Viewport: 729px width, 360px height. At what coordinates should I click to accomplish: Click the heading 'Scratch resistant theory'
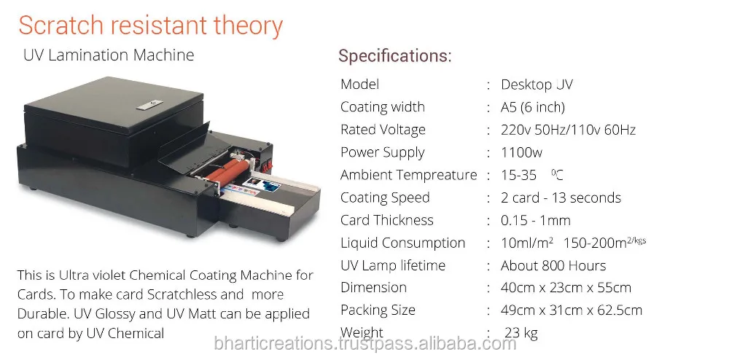coord(150,26)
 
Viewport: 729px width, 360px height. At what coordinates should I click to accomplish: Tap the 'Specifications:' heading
coord(394,55)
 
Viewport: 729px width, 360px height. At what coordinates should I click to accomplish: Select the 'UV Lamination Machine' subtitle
coord(109,55)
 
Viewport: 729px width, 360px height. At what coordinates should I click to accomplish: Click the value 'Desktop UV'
coord(537,85)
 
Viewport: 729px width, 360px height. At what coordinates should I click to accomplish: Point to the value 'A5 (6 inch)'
coord(533,107)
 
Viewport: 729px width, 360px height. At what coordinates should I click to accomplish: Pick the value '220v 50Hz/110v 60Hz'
coord(568,130)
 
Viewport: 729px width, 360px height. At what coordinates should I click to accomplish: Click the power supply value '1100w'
coord(521,152)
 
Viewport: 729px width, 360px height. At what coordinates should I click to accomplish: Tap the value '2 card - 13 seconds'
coord(561,197)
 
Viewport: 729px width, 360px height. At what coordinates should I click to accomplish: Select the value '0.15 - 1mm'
coord(536,220)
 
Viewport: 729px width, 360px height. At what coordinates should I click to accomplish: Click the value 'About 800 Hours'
coord(553,265)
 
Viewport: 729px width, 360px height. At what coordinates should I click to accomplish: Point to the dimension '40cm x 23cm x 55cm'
coord(566,288)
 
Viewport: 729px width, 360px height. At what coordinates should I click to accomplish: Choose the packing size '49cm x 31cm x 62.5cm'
coord(572,310)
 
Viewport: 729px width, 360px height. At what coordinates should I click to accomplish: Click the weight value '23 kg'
coord(521,333)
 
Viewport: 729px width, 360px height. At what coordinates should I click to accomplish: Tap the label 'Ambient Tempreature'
coord(408,175)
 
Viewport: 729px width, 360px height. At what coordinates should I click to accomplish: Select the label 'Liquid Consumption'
coord(402,243)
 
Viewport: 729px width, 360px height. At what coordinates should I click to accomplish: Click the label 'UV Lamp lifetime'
coord(393,265)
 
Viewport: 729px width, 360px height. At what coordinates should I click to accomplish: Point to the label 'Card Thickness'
coord(387,220)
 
